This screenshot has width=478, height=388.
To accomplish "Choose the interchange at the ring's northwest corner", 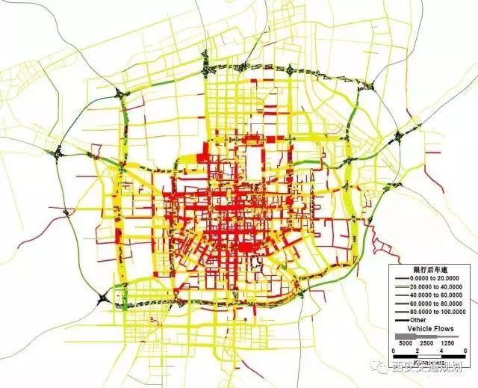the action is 120,93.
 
